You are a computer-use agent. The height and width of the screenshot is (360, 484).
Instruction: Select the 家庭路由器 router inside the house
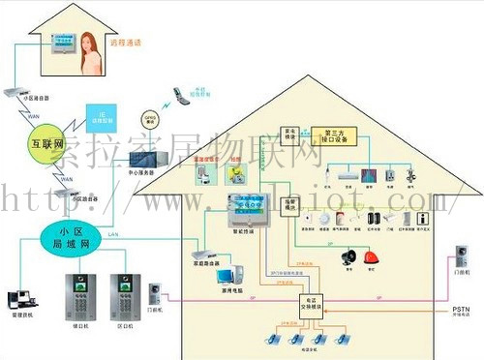click(203, 257)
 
